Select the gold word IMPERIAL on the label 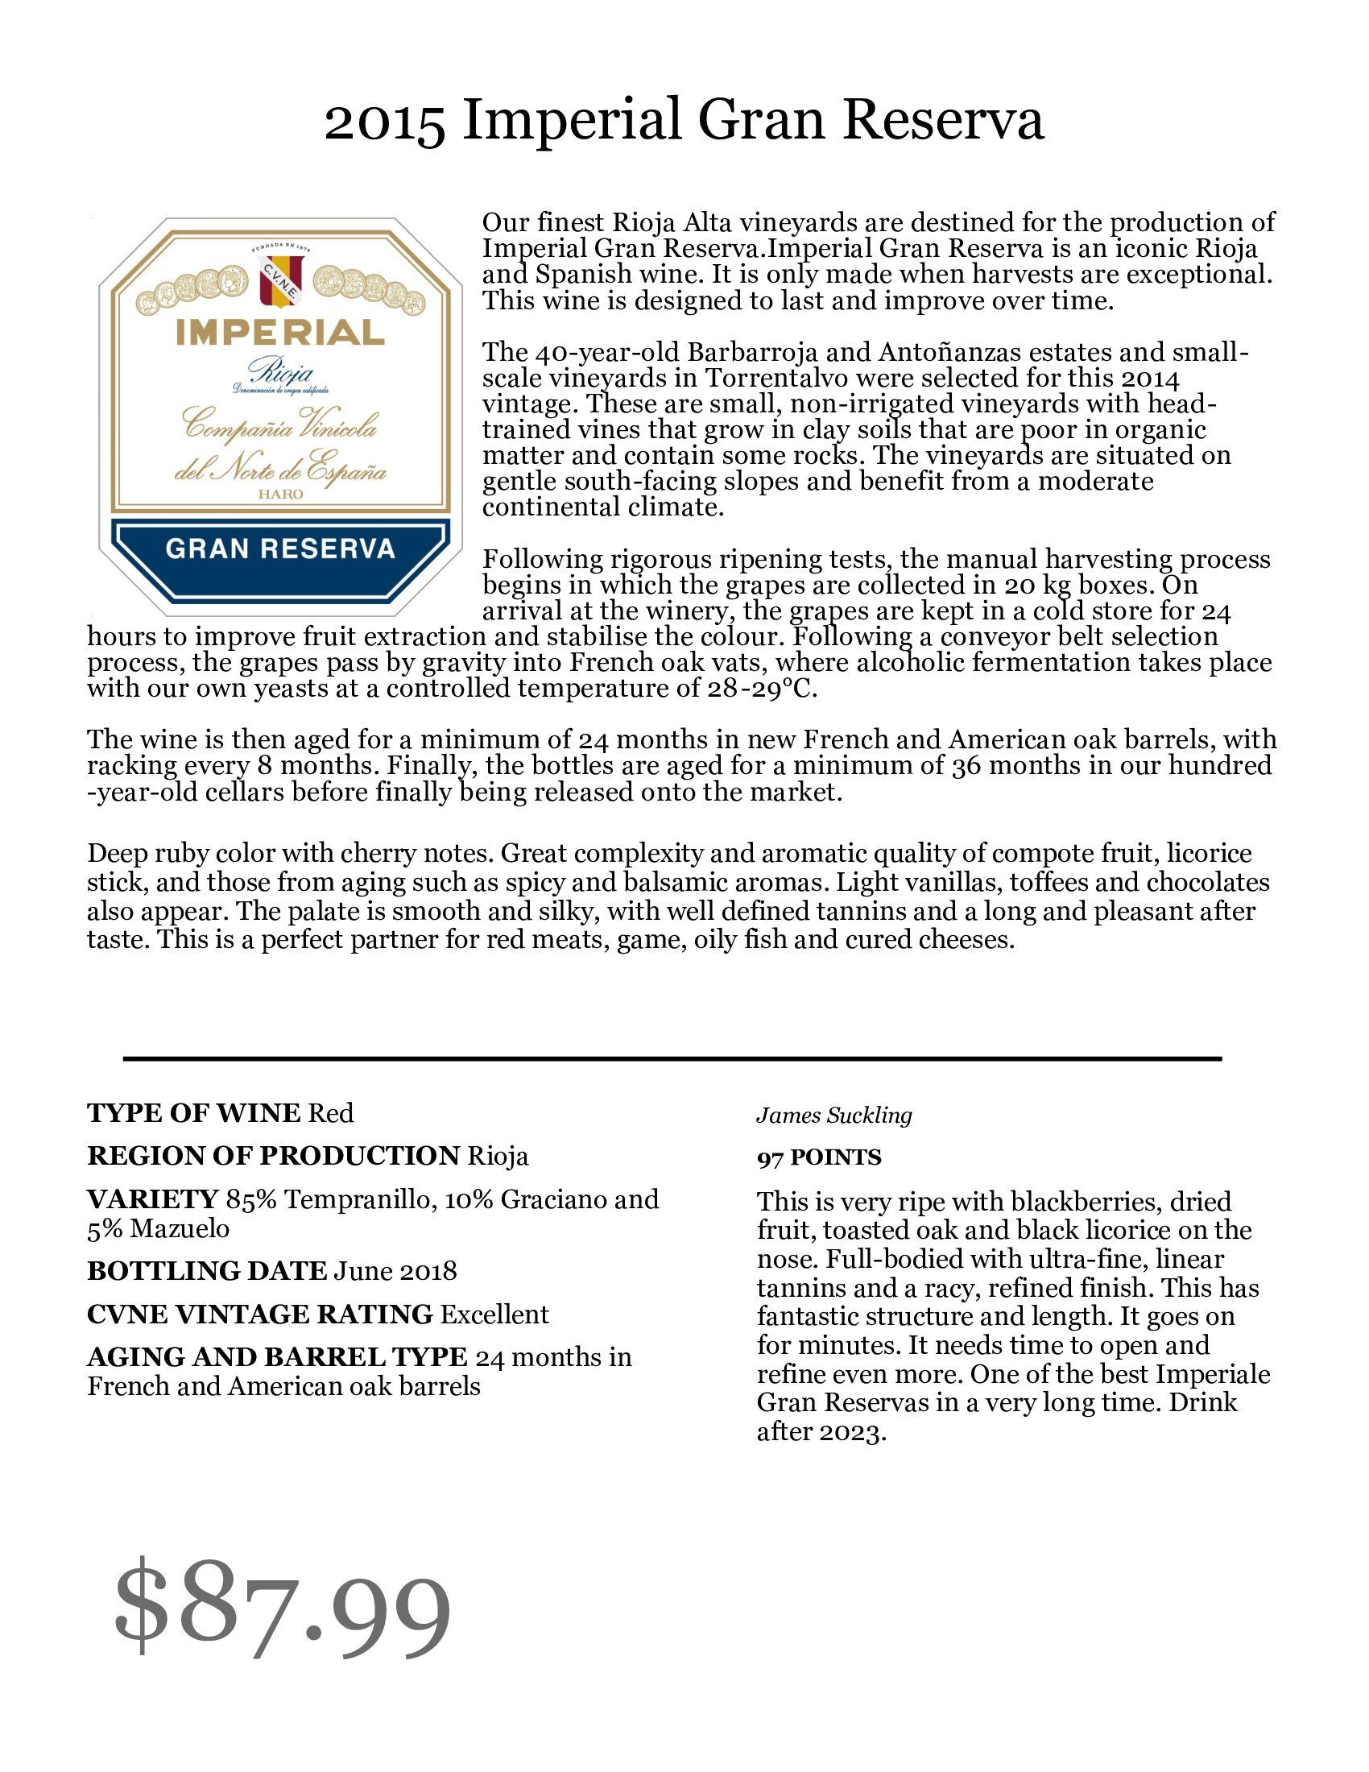pyautogui.click(x=279, y=333)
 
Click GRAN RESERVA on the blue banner pyautogui.click(x=279, y=549)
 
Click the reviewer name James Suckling pyautogui.click(x=833, y=1116)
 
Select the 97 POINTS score pyautogui.click(x=818, y=1157)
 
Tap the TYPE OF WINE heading pyautogui.click(x=193, y=1113)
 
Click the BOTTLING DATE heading pyautogui.click(x=207, y=1270)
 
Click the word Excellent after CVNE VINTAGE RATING pyautogui.click(x=494, y=1315)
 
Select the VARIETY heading pyautogui.click(x=152, y=1199)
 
